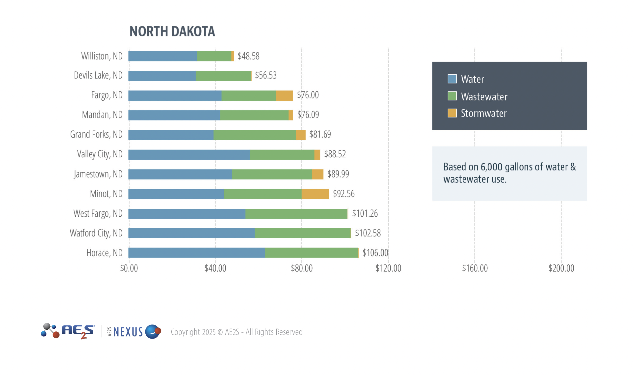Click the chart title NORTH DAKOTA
(x=172, y=31)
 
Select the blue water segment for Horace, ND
(x=196, y=253)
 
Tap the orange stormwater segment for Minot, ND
(x=315, y=194)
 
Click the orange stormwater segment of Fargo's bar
(x=284, y=95)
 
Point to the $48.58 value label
(x=248, y=56)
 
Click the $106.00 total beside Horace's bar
(x=375, y=253)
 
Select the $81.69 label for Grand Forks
(x=320, y=134)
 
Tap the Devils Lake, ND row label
(x=98, y=75)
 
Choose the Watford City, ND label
(x=96, y=233)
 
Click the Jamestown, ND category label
(x=98, y=174)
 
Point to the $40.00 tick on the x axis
(x=215, y=268)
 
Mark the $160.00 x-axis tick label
(x=475, y=268)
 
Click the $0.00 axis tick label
(x=129, y=268)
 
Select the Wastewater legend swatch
(x=452, y=96)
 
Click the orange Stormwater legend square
(x=452, y=113)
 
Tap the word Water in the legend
(x=473, y=79)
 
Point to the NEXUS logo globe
(x=153, y=332)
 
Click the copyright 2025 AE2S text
(x=237, y=332)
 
